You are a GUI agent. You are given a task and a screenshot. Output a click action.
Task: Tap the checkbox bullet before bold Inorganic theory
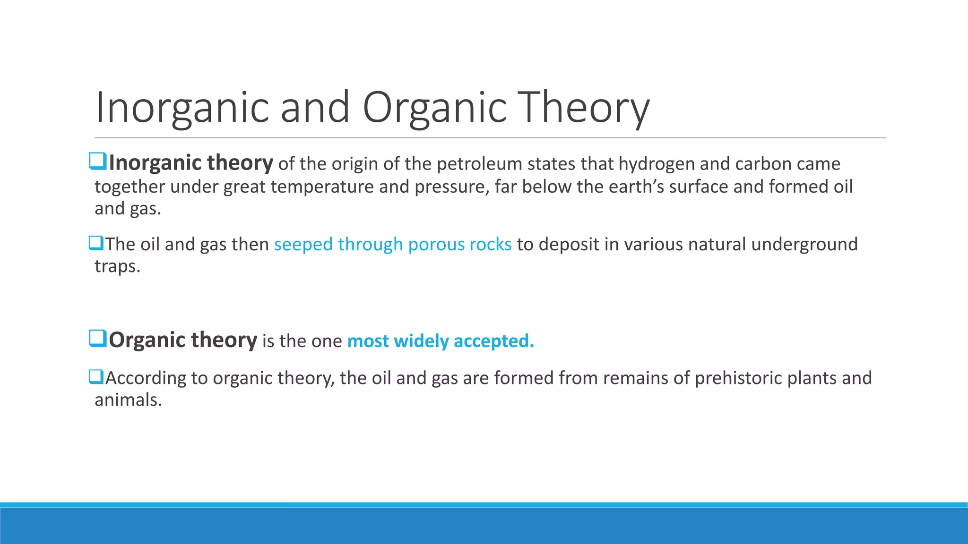98,161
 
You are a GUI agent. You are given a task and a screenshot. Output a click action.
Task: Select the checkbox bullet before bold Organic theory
98,339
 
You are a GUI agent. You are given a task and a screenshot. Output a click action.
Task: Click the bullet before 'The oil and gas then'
96,243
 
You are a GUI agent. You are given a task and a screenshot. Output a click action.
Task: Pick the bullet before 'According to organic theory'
96,377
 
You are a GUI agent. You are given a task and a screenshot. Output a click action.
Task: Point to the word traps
117,267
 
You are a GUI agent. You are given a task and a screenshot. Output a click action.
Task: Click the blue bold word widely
421,341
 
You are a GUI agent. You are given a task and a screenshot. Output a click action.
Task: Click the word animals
128,400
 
